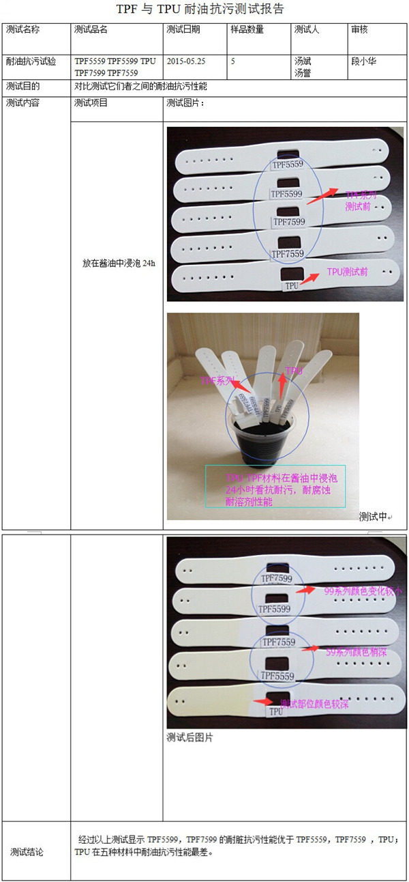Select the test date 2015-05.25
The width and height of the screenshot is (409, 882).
click(x=185, y=61)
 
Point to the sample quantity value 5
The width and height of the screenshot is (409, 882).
click(x=233, y=61)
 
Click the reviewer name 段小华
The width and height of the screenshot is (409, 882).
click(x=363, y=61)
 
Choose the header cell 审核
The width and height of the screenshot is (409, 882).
click(x=359, y=30)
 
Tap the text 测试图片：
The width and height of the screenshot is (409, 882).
click(x=185, y=103)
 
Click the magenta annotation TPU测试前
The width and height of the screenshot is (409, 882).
click(x=348, y=272)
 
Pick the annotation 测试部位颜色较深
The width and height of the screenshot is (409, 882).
click(x=314, y=704)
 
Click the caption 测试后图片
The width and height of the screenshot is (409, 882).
click(x=190, y=738)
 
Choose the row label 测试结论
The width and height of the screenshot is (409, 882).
click(x=27, y=852)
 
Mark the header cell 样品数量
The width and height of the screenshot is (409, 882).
click(x=247, y=30)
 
